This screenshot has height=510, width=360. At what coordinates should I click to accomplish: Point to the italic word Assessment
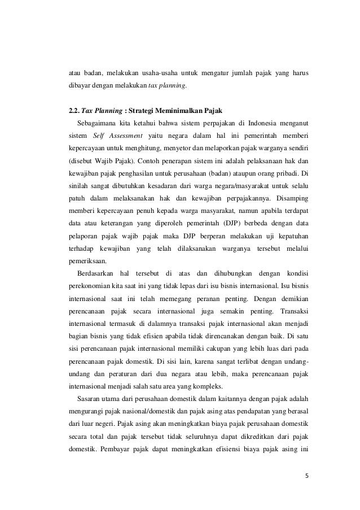point(125,137)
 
